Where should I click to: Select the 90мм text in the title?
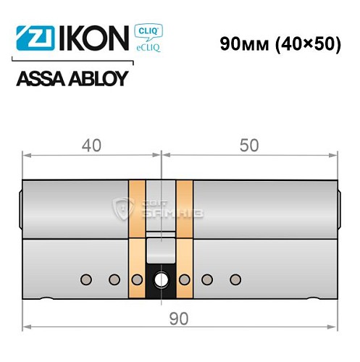coord(244,43)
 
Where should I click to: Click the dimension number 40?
coord(91,145)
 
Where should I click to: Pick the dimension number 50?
coord(248,145)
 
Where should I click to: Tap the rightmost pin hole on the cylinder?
coord(233,279)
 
